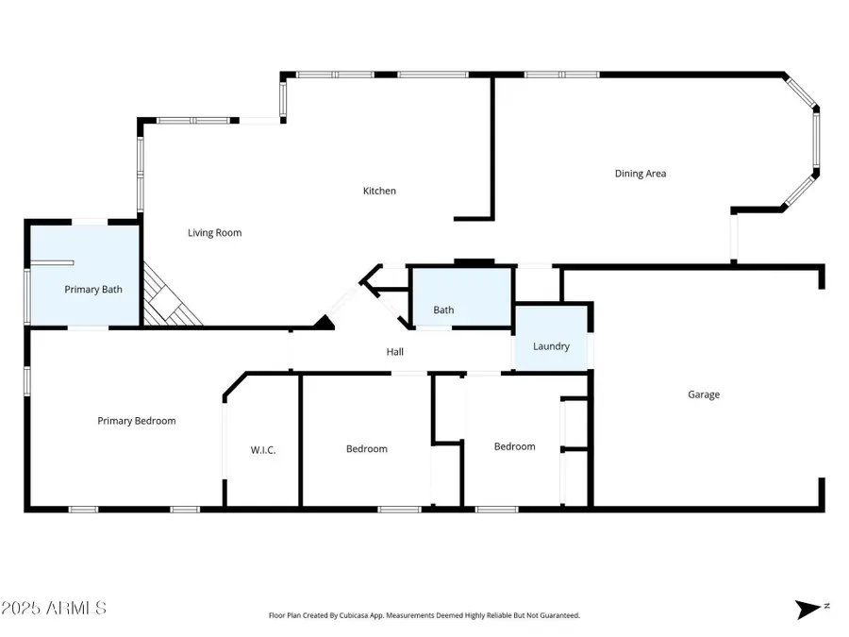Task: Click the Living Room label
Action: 214,232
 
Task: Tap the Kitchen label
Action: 380,191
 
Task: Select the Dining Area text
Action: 641,174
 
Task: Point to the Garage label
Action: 703,394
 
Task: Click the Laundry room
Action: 551,346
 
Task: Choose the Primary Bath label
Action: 93,290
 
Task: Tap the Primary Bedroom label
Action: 137,421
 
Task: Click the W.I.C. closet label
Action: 263,449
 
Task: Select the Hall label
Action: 395,352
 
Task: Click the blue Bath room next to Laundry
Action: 443,310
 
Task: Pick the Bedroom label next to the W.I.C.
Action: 366,448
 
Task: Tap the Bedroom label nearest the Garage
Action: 514,446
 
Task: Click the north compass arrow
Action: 807,610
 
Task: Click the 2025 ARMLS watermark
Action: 54,608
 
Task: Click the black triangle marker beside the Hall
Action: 325,324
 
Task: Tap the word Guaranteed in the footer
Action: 558,615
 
